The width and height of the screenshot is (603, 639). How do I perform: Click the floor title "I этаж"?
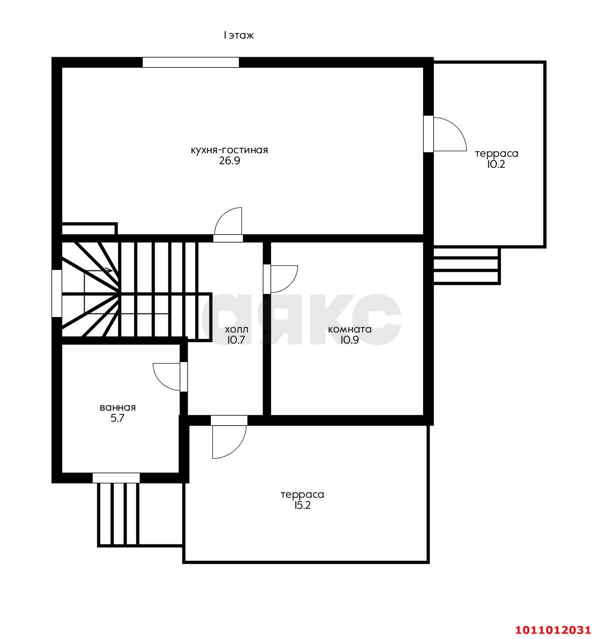click(238, 35)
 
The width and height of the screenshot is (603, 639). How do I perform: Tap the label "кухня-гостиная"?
click(229, 150)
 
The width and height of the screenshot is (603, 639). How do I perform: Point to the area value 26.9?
click(229, 161)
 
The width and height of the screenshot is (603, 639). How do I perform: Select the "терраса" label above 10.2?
click(496, 154)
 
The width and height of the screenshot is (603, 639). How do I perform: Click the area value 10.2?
click(496, 164)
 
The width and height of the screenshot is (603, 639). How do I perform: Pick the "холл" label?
click(236, 330)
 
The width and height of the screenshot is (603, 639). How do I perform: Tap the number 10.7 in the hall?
click(236, 340)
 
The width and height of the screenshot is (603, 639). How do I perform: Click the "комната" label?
click(350, 330)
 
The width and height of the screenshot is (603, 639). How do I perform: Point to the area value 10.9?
click(350, 340)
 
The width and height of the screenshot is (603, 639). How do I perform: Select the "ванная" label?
click(118, 408)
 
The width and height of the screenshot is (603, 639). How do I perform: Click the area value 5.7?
click(118, 418)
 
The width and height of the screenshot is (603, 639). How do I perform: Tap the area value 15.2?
click(303, 505)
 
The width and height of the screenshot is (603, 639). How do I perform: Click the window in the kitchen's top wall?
click(191, 62)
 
